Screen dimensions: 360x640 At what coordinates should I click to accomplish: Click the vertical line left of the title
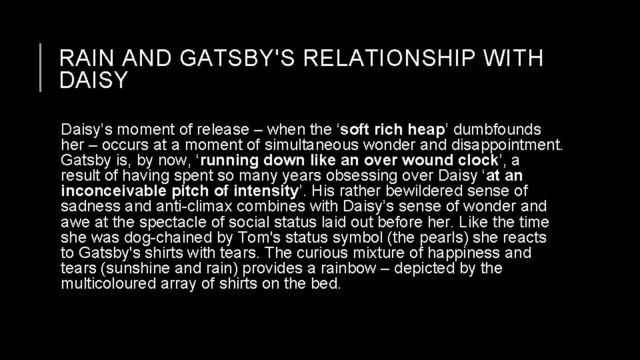point(41,67)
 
